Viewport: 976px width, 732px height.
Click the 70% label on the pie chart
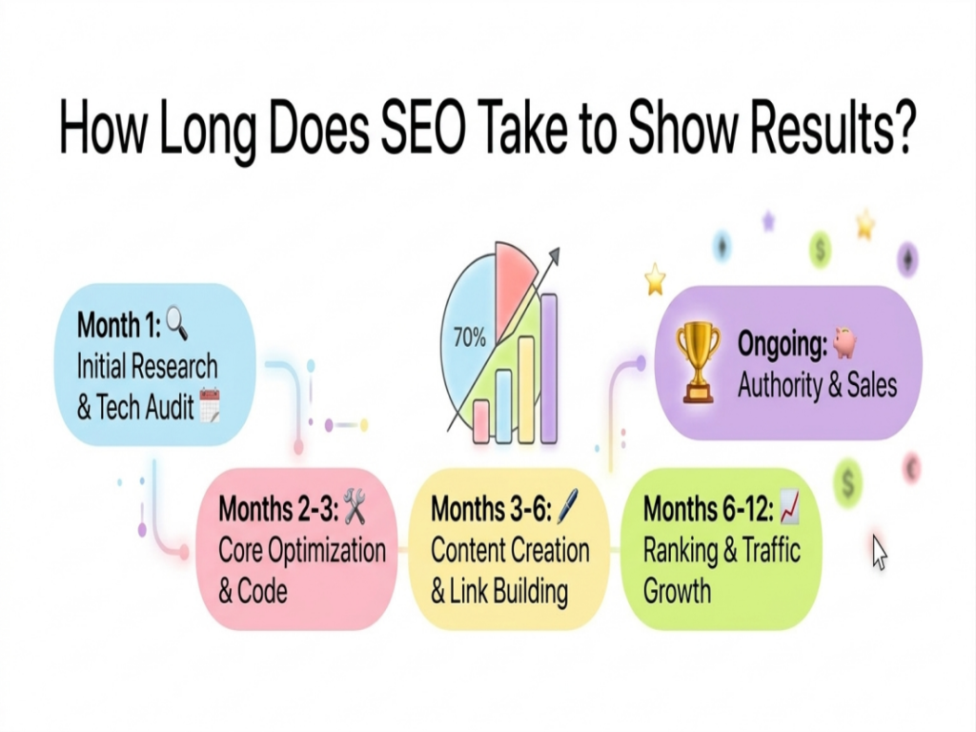pos(469,336)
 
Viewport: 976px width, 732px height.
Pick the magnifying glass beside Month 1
pos(177,326)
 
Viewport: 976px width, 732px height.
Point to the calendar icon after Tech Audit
pos(210,408)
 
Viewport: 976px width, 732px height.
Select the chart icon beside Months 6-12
pos(788,508)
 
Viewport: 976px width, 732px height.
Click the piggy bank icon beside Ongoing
pos(845,343)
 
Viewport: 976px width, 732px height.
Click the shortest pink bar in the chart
pos(481,420)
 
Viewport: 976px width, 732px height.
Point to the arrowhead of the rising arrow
pos(555,253)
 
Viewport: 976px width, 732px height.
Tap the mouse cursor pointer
pos(879,551)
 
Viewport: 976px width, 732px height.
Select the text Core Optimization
pos(302,550)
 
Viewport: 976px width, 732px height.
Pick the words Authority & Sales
pos(817,386)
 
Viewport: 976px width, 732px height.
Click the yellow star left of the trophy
pos(655,279)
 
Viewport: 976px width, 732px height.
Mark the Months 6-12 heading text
pos(708,509)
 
